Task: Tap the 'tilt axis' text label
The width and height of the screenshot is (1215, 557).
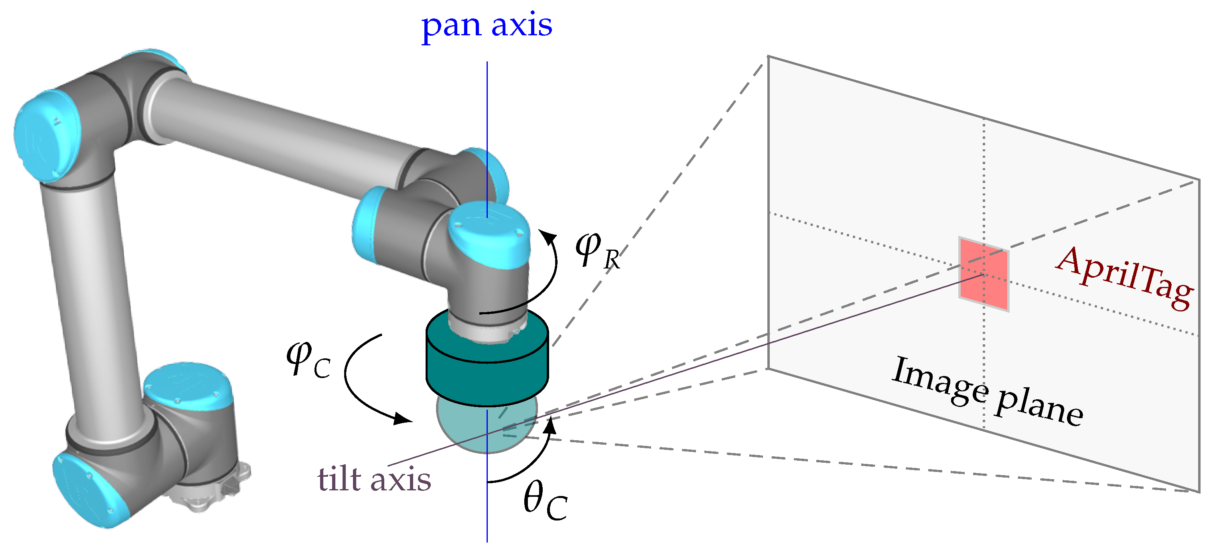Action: click(x=374, y=480)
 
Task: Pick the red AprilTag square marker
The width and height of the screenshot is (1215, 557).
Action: click(x=984, y=274)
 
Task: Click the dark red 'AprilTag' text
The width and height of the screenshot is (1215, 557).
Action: click(x=1125, y=278)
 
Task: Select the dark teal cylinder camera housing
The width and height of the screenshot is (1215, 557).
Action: click(x=487, y=373)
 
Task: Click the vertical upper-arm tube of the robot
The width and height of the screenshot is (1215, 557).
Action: click(x=89, y=283)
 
